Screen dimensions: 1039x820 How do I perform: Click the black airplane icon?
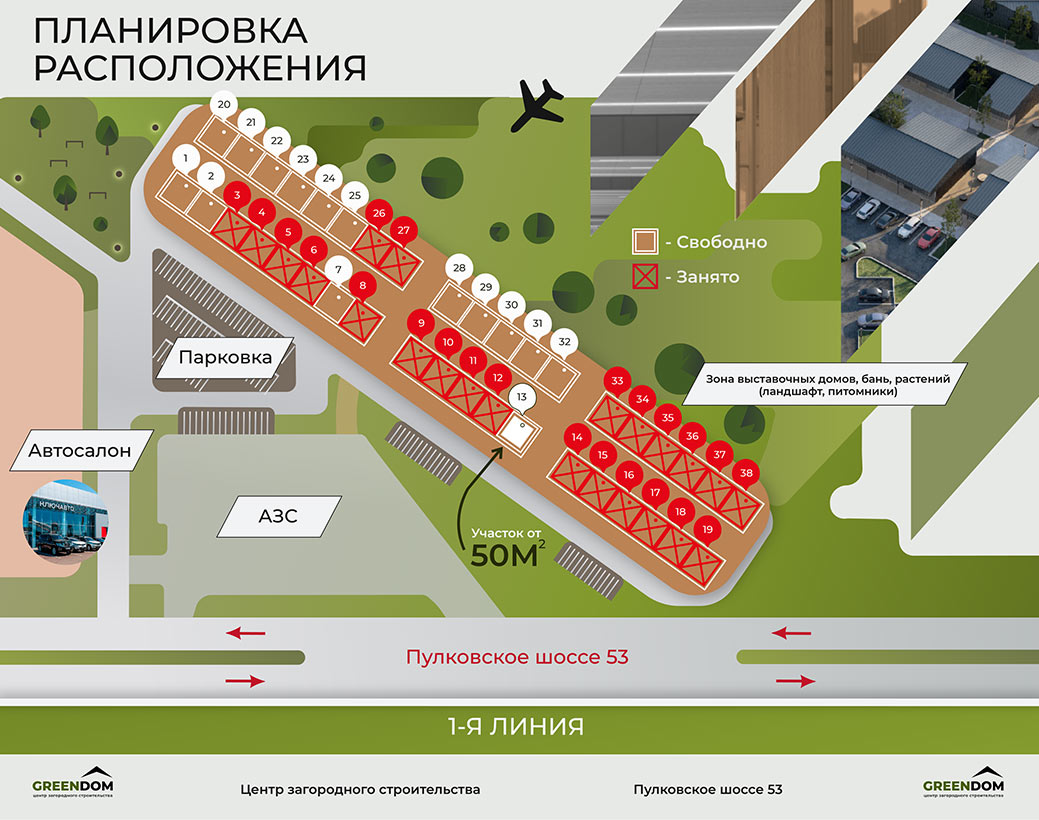tap(537, 106)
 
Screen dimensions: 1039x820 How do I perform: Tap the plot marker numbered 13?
tap(521, 398)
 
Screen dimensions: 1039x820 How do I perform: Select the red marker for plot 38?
tap(746, 473)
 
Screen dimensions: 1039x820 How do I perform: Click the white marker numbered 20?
tap(224, 105)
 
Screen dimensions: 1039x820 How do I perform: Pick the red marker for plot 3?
tap(237, 195)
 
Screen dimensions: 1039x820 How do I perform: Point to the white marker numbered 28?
tap(459, 268)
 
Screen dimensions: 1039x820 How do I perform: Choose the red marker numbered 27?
tap(403, 231)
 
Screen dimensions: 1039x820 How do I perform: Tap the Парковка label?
tap(225, 356)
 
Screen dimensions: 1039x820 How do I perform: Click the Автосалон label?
tap(80, 449)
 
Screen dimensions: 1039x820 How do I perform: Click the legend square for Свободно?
tap(644, 242)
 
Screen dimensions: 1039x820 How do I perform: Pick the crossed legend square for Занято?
tap(644, 277)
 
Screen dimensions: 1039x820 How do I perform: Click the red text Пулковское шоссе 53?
tap(516, 657)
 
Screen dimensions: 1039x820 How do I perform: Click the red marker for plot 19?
tap(707, 529)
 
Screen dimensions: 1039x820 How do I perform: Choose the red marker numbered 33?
tap(617, 381)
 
